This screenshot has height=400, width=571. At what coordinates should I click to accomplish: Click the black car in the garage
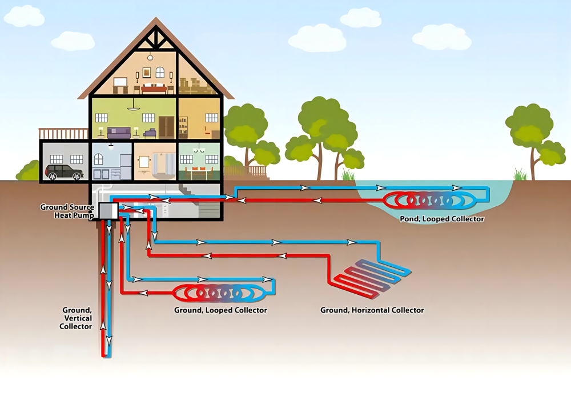point(65,171)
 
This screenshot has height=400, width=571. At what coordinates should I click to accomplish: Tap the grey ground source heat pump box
point(108,211)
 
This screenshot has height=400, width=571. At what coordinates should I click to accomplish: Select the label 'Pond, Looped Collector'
point(442,219)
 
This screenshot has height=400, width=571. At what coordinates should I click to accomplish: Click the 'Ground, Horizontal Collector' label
point(372,310)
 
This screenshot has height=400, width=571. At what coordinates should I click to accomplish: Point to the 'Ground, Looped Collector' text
point(220,310)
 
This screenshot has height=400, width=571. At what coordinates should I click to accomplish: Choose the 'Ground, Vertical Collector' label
point(76,318)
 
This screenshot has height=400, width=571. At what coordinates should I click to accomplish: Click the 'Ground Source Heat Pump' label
point(67,211)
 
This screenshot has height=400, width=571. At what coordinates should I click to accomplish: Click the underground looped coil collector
point(219,293)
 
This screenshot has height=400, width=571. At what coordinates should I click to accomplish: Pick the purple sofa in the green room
point(119,133)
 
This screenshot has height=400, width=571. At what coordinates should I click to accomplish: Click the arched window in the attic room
point(160,73)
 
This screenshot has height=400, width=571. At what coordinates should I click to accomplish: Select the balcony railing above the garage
point(64,134)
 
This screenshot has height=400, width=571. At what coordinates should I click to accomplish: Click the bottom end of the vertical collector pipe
point(106,356)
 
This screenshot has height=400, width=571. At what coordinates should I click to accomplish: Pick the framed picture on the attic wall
point(147,73)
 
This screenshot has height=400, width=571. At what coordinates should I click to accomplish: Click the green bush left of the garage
point(28,171)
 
